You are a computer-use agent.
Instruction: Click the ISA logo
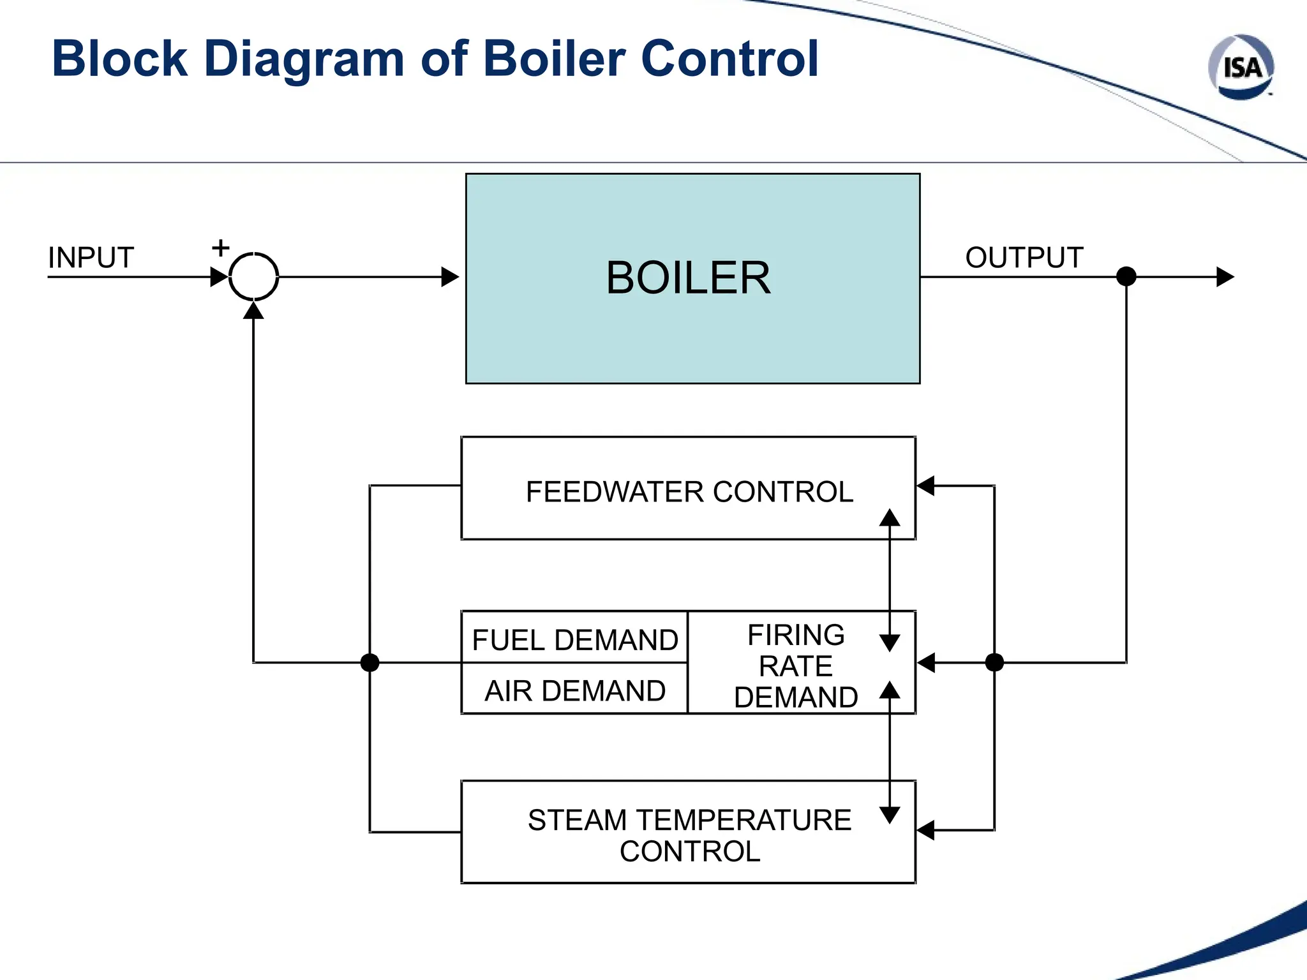coord(1241,68)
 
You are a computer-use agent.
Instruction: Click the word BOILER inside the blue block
coord(688,278)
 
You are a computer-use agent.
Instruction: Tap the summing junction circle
coord(253,277)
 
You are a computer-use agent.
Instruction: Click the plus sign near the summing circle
coord(220,248)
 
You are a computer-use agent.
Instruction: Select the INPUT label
coord(91,258)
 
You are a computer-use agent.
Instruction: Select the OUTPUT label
coord(1024,258)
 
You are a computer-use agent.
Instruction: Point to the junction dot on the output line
coord(1126,277)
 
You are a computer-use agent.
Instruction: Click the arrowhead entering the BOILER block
coord(451,277)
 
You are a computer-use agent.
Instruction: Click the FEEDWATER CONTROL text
coord(689,492)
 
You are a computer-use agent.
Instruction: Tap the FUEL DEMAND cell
coord(574,639)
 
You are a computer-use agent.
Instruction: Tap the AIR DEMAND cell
coord(574,691)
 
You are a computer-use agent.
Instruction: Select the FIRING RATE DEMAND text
coord(795,666)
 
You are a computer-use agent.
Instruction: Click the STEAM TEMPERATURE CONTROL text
coord(689,835)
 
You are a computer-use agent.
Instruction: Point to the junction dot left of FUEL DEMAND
coord(370,663)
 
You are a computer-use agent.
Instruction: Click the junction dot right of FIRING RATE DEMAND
coord(994,663)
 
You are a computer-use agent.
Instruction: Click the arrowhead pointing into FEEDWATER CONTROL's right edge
coord(925,486)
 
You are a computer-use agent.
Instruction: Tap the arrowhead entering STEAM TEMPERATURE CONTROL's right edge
coord(925,830)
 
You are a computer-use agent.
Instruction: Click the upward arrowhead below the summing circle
coord(253,310)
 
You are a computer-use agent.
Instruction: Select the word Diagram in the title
coord(304,59)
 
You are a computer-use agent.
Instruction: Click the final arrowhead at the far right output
coord(1225,277)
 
